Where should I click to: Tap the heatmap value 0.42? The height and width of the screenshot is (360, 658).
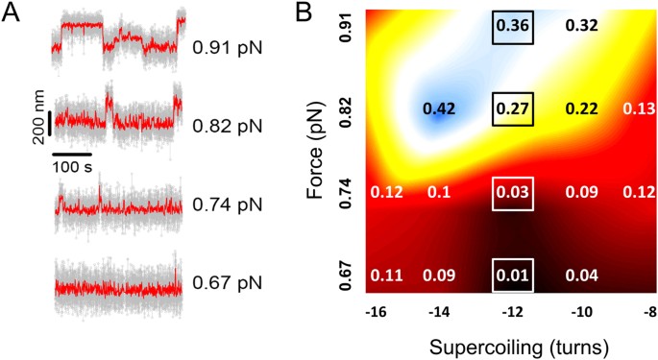tap(440, 108)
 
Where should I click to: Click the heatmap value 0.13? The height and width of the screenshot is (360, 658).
tap(638, 108)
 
